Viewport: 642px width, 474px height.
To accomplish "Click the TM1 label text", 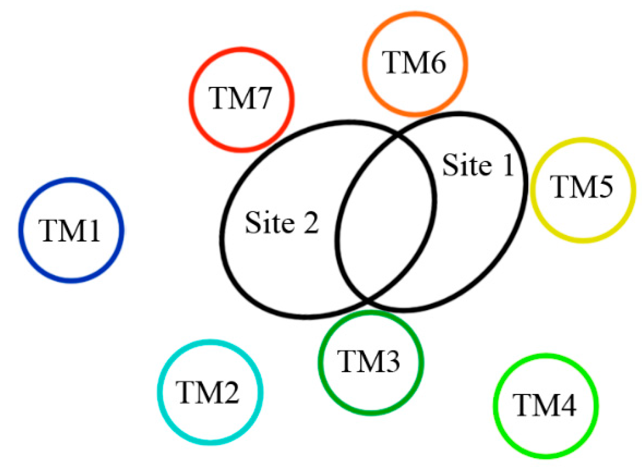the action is coord(69,230).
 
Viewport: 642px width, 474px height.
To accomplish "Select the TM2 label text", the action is coord(208,392).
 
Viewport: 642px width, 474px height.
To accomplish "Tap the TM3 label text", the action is coord(369,361).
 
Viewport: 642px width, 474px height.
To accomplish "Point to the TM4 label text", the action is coord(545,405).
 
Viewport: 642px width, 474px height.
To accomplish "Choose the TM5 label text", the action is coord(581,187).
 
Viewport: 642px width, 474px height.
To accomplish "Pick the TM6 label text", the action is coord(414,63).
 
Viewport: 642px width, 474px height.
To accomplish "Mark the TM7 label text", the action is coord(240,98).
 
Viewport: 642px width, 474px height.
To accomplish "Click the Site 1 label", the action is coord(478,165).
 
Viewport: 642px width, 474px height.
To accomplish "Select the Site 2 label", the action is coord(282,223).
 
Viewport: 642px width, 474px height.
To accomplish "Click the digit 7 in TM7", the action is coord(262,98).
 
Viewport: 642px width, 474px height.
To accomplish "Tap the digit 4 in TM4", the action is coord(566,405).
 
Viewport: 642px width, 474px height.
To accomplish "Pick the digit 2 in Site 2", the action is coord(311,223).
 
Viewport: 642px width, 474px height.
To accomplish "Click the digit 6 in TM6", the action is coord(436,63).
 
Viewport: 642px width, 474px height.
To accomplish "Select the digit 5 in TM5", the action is coord(603,187).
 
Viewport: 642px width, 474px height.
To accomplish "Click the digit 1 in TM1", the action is coord(93,230).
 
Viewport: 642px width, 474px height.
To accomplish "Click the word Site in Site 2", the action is coord(269,223).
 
